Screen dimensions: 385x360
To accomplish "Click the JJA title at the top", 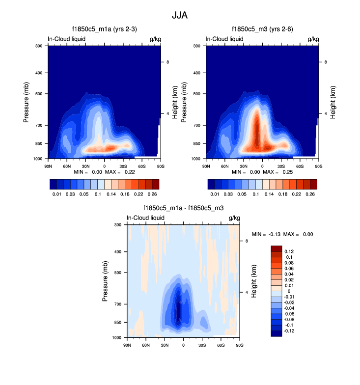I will pyautogui.click(x=180, y=15).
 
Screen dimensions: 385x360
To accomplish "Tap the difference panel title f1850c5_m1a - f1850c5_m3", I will pyautogui.click(x=183, y=208).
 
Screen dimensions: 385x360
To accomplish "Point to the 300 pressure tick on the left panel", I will pyautogui.click(x=40, y=46).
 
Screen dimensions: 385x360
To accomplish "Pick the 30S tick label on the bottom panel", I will pyautogui.click(x=202, y=345).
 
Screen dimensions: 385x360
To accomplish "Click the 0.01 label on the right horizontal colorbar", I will pyautogui.click(x=215, y=194).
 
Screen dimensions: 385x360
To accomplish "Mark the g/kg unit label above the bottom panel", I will pyautogui.click(x=234, y=218).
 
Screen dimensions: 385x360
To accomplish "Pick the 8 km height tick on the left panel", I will pyautogui.click(x=168, y=62).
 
